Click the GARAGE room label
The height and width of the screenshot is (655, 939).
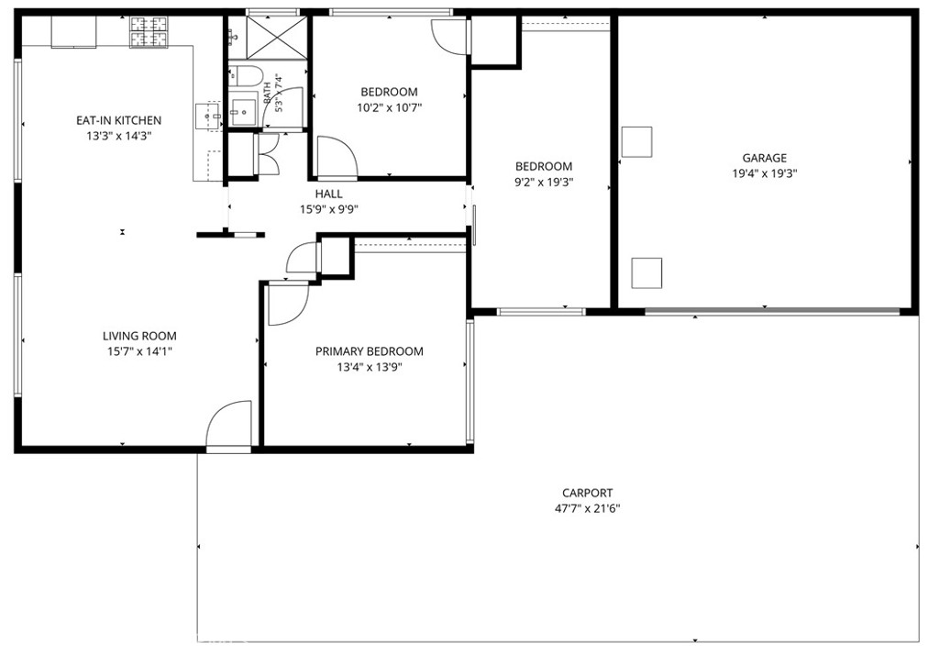pos(764,158)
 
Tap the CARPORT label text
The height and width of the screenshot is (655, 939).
pos(587,494)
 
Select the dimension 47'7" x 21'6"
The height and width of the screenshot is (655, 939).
pos(587,509)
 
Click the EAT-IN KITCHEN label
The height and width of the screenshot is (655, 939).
pos(118,120)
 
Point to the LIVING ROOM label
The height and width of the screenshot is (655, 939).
pos(139,336)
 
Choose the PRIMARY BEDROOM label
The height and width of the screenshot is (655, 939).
pos(370,351)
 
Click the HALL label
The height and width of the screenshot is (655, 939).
pos(329,194)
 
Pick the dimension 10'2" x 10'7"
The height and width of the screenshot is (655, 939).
pos(389,108)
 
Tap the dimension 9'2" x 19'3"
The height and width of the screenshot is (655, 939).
pos(544,183)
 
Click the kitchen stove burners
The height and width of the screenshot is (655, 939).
pos(149,32)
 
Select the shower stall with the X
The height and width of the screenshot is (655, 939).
pos(276,38)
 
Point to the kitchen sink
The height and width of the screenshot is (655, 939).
pos(208,117)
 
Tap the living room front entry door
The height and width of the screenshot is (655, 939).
pos(228,424)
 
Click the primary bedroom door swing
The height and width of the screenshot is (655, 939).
pos(288,304)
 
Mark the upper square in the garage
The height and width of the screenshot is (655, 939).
pos(636,142)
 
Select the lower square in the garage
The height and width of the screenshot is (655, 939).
pos(646,272)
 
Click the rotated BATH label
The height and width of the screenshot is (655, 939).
pos(267,94)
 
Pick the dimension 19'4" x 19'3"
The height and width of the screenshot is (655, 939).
pos(764,173)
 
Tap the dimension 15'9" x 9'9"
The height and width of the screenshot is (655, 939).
pos(329,210)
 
